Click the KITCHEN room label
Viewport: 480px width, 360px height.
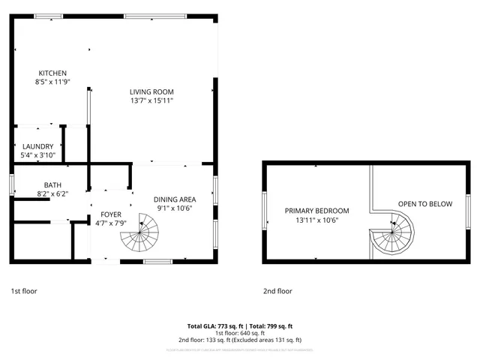pos(52,73)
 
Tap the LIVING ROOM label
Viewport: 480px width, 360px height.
pos(151,90)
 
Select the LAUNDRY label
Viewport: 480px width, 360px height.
pos(37,146)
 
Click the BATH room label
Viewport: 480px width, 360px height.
pos(52,184)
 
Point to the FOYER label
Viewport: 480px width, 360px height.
pos(111,214)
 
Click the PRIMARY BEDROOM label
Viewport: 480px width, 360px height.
pos(316,211)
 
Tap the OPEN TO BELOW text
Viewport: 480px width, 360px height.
pos(424,203)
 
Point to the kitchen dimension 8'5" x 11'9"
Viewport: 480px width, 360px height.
pos(52,82)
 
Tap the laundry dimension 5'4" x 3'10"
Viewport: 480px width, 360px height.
pos(37,155)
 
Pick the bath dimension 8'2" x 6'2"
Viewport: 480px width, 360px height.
pos(52,193)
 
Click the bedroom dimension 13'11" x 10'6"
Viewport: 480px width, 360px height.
pos(316,220)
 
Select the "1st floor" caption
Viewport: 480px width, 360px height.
pos(24,291)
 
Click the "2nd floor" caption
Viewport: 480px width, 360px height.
pos(277,291)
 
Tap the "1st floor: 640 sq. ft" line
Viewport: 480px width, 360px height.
pos(239,333)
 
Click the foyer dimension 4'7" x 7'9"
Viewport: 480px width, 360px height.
pos(111,223)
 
